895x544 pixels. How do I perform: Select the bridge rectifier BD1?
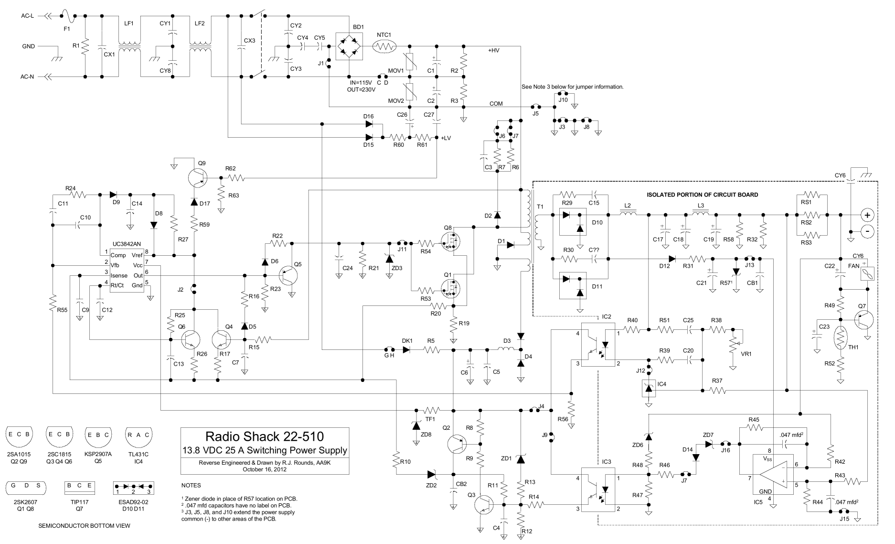349,46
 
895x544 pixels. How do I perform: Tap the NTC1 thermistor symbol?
384,46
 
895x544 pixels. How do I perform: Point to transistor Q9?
197,178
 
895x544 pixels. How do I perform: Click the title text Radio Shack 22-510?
264,436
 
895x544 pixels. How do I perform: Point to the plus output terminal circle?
868,214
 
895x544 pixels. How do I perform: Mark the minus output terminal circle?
868,231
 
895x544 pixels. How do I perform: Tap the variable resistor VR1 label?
746,354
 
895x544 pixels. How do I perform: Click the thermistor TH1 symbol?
840,340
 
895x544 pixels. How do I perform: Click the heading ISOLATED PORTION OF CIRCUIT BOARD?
702,195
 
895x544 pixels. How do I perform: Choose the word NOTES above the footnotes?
192,485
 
